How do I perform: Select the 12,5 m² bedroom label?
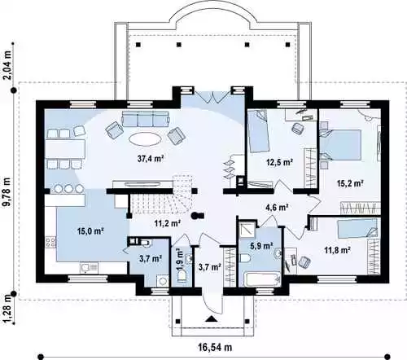[x=279, y=162]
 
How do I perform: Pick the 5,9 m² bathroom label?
[x=261, y=246]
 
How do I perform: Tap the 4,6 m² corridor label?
[x=277, y=208]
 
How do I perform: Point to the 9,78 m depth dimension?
[x=8, y=192]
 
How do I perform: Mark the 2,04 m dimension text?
[x=8, y=65]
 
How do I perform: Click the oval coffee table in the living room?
[x=145, y=139]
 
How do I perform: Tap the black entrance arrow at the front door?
[x=211, y=318]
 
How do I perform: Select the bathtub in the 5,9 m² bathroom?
[x=261, y=279]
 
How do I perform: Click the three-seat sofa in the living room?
[x=146, y=119]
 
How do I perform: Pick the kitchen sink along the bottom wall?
[x=89, y=268]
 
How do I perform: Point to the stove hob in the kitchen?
[x=50, y=243]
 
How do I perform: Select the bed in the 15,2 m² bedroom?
[x=341, y=145]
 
